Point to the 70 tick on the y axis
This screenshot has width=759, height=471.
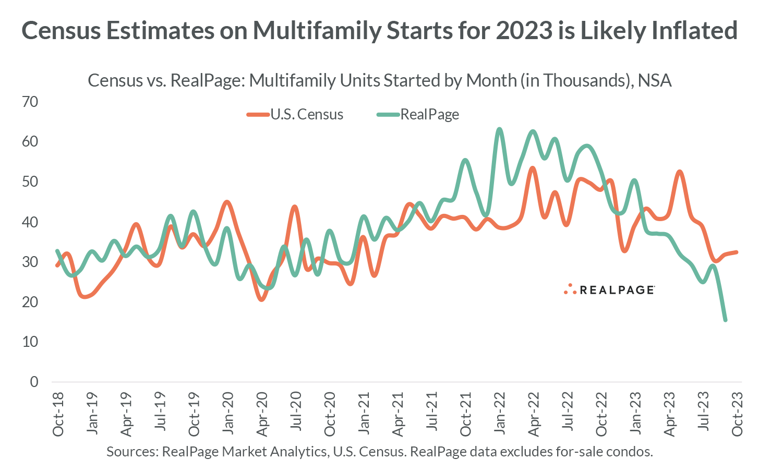click(x=30, y=102)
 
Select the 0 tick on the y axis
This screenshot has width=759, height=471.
click(x=34, y=382)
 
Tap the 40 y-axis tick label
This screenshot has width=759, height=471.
click(x=30, y=222)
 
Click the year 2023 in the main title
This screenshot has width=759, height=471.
click(x=524, y=30)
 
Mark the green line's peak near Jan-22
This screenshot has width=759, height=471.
click(x=499, y=129)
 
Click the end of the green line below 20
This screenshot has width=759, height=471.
click(x=725, y=320)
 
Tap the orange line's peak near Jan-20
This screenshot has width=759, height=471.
click(x=227, y=202)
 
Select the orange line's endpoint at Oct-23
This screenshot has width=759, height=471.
click(x=736, y=252)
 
